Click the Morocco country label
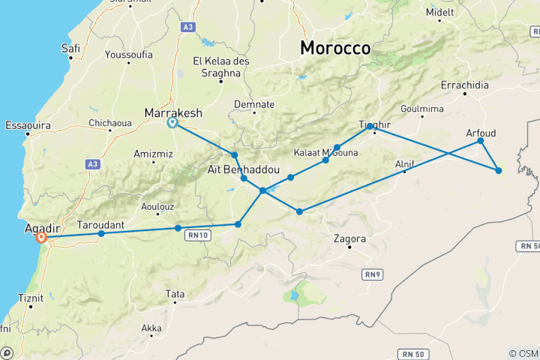point(335,48)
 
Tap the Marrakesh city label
point(173,112)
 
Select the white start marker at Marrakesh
point(172,123)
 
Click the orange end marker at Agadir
point(42,238)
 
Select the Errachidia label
point(465,85)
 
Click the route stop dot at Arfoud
point(481,141)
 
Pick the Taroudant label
point(100,224)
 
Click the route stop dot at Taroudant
point(101,234)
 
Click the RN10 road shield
point(199,235)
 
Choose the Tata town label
point(175,293)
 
